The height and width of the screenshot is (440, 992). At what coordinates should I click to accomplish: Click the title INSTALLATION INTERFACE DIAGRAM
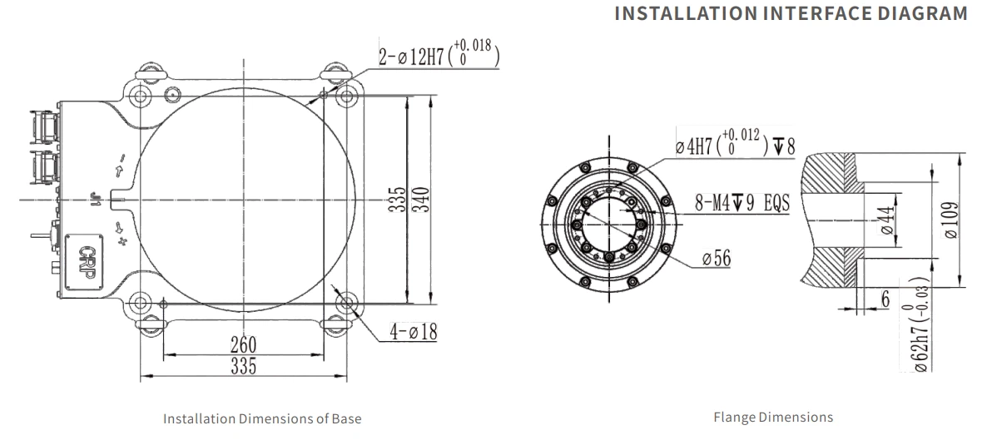point(791,13)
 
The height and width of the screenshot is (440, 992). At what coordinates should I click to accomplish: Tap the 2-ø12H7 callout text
point(439,55)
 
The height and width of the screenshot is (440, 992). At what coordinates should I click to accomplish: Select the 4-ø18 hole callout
point(413,331)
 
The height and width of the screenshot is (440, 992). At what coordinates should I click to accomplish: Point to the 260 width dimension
point(244,345)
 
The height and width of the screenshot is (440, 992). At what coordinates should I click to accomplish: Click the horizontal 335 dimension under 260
point(244,365)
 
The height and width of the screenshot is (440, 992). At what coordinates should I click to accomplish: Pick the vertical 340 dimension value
point(421,199)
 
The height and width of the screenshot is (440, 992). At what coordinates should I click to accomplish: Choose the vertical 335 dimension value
point(397,199)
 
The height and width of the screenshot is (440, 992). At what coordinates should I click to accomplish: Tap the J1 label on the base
point(96,200)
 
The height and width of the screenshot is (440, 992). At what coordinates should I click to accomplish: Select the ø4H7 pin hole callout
point(735,142)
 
